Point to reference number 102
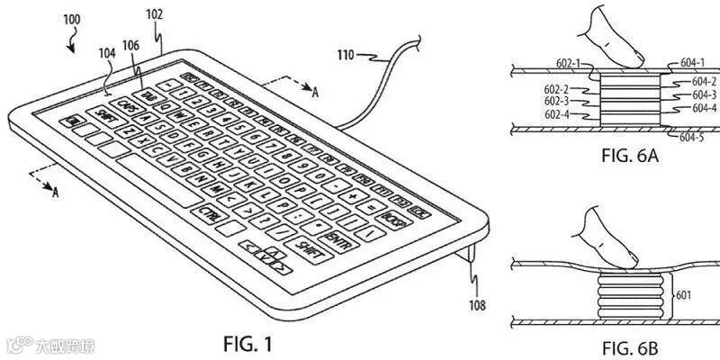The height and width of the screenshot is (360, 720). [x=154, y=15]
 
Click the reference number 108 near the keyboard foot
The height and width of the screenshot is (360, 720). [x=476, y=306]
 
